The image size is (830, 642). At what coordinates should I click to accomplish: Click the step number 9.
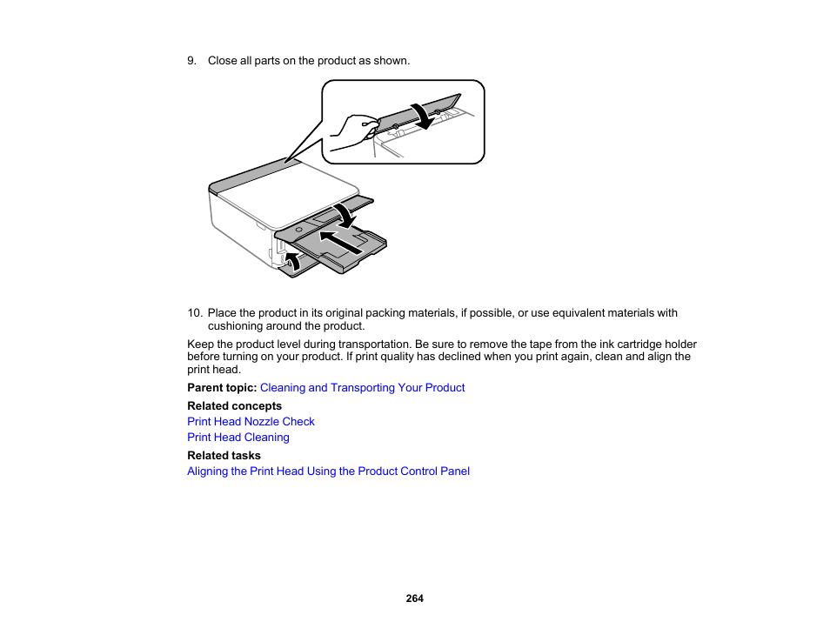[x=191, y=61]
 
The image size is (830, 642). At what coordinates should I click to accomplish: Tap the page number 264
[x=414, y=599]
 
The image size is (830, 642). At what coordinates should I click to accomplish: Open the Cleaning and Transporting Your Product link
[x=362, y=388]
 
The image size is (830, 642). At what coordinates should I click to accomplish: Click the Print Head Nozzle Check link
[x=251, y=422]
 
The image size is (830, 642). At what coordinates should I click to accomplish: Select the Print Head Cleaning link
[x=238, y=438]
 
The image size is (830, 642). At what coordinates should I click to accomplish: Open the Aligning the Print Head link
[x=328, y=471]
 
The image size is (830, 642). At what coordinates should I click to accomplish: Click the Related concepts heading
[x=234, y=406]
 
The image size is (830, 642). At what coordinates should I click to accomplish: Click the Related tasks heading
[x=224, y=456]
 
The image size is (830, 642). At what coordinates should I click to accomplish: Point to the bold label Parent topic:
[x=222, y=388]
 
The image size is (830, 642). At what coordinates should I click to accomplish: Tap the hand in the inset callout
[x=351, y=129]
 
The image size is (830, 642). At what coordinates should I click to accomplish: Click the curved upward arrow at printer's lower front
[x=293, y=260]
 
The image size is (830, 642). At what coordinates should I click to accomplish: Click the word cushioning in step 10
[x=235, y=326]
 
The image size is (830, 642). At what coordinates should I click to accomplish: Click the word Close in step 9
[x=222, y=61]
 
